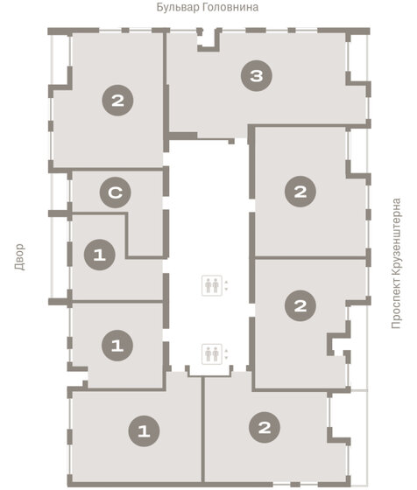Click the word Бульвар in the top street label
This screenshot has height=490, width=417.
(x=177, y=7)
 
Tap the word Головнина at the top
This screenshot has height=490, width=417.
(x=230, y=8)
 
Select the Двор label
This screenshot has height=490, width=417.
(x=19, y=256)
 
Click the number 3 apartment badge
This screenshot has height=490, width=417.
(x=257, y=75)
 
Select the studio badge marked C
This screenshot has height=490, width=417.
(x=115, y=192)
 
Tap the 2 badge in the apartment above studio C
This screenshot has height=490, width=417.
(x=117, y=101)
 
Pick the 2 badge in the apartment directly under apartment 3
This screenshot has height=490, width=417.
(x=300, y=192)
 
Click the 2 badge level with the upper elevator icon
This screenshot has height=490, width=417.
(x=300, y=305)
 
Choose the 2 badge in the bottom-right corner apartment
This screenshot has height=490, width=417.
(x=265, y=427)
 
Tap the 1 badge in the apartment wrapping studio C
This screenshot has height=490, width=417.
(x=100, y=255)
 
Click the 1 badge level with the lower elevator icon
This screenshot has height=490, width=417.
(x=117, y=346)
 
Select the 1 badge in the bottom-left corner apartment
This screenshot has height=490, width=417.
(x=144, y=430)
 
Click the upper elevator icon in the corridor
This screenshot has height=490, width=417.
(x=212, y=285)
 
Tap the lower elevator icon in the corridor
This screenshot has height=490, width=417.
(x=212, y=354)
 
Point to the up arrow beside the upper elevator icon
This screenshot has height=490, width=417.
(x=226, y=282)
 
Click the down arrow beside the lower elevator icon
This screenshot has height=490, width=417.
(x=226, y=358)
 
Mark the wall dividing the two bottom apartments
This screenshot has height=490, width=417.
(x=203, y=430)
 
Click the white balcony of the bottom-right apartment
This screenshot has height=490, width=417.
(x=348, y=412)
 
